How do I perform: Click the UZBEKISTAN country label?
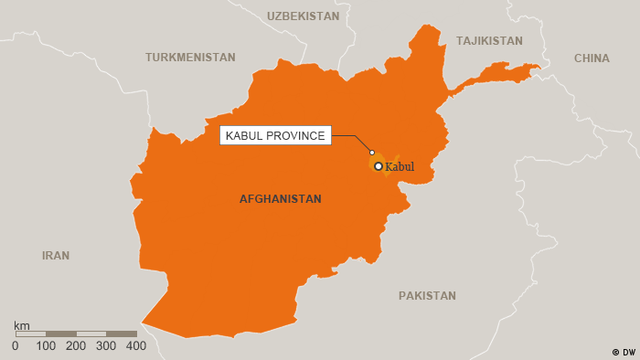(x=303, y=16)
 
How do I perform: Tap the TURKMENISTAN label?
(x=190, y=58)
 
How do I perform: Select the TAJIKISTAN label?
(x=489, y=41)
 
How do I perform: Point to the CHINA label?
(x=592, y=58)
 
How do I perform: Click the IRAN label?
(x=56, y=256)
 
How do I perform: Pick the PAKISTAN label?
(x=427, y=296)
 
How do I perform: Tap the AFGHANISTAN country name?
(x=280, y=199)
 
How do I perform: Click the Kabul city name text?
(x=400, y=167)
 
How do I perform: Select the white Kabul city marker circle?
(x=379, y=166)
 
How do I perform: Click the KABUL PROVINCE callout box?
(x=275, y=136)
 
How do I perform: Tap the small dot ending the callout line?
(x=372, y=152)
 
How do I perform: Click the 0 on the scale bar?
(x=15, y=346)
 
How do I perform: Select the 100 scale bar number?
(x=46, y=346)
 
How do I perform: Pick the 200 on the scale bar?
(x=76, y=346)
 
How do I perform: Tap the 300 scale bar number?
(x=106, y=346)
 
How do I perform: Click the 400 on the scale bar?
(x=136, y=346)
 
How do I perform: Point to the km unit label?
(x=22, y=325)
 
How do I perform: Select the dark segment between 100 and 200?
(x=61, y=334)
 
